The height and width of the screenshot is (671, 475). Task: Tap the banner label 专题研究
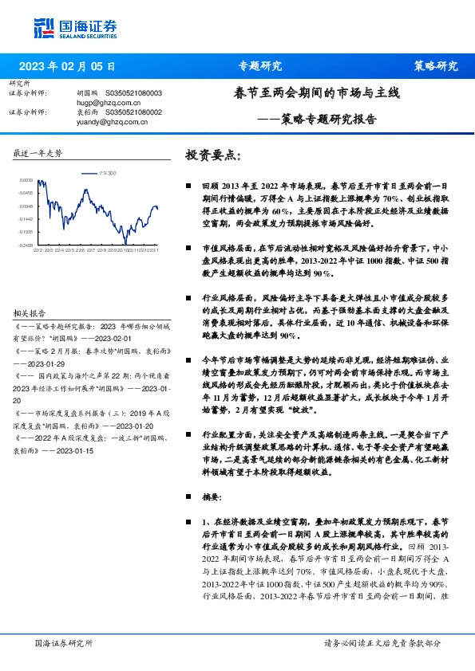[260, 65]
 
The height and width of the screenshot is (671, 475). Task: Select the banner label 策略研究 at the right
[436, 65]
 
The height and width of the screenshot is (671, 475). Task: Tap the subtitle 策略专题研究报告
[329, 120]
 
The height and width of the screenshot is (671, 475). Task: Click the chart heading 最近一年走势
[38, 152]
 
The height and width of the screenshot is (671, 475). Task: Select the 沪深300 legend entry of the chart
[101, 173]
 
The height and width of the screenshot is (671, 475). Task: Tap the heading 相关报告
[30, 313]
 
